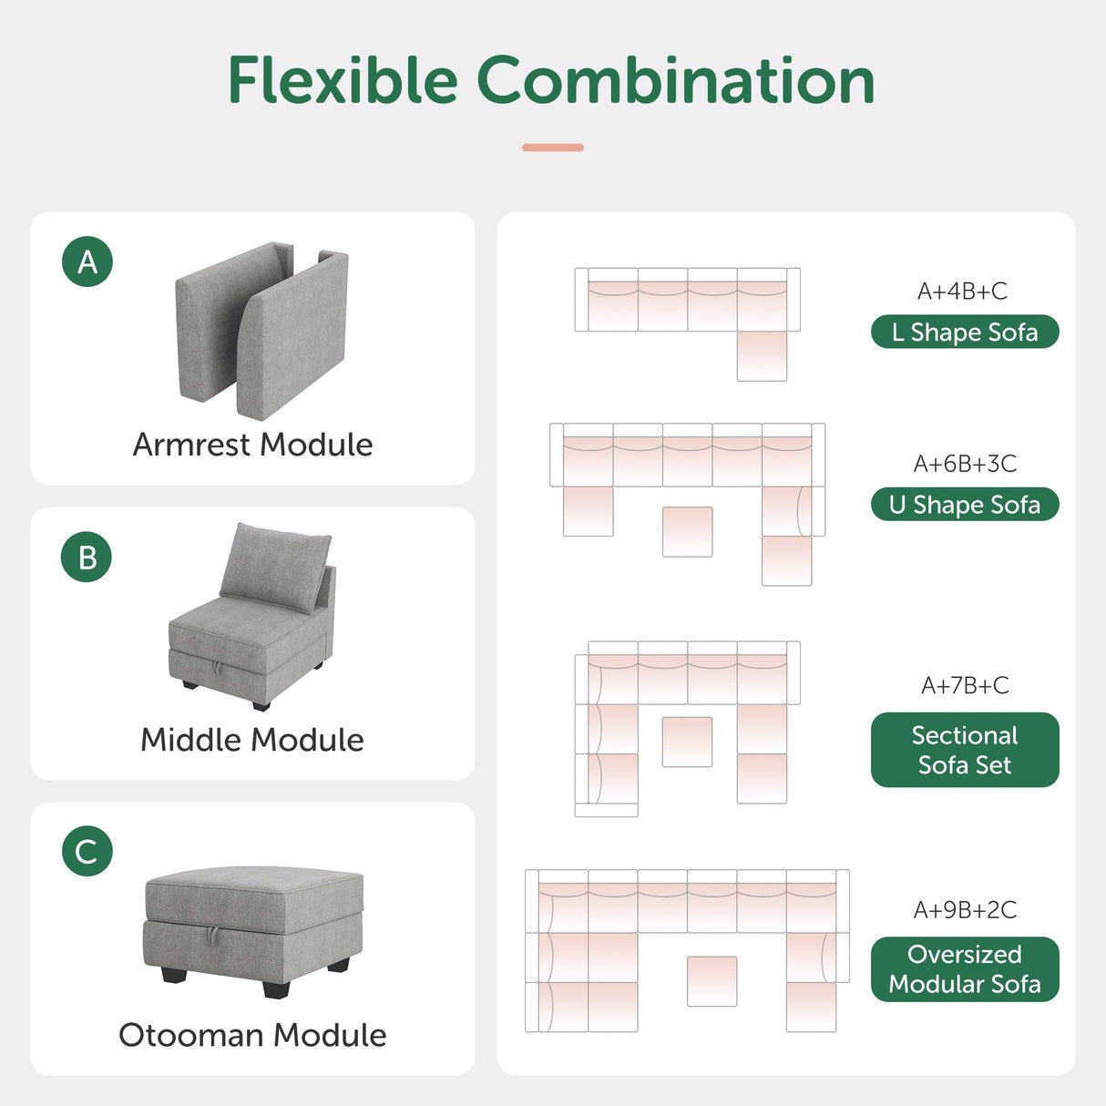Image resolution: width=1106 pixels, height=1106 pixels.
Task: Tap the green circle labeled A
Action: (87, 261)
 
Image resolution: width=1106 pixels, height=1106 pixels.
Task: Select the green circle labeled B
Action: (87, 557)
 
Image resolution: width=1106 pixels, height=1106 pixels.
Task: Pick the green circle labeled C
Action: (87, 852)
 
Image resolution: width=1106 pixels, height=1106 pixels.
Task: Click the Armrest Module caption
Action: (252, 445)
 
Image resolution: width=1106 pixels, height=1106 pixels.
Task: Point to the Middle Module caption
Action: (252, 740)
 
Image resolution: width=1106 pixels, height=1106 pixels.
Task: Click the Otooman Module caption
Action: (252, 1035)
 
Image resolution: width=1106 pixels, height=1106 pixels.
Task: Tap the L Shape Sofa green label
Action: (965, 333)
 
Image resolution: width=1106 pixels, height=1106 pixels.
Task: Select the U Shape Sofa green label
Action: (965, 505)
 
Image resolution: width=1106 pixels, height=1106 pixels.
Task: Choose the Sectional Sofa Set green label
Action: (965, 750)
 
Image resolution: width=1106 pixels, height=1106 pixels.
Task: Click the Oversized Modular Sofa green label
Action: (965, 969)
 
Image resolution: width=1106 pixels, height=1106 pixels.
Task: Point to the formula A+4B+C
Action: (962, 292)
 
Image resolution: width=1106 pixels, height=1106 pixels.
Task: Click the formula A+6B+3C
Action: (965, 464)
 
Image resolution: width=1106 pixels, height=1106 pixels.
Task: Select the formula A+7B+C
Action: (965, 685)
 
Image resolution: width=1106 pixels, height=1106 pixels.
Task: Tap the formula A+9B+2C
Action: (965, 909)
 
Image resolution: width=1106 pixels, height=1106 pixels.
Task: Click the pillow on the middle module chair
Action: (275, 564)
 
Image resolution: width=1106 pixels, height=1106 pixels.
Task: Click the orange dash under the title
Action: (553, 148)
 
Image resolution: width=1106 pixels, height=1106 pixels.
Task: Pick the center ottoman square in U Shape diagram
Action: (687, 531)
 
